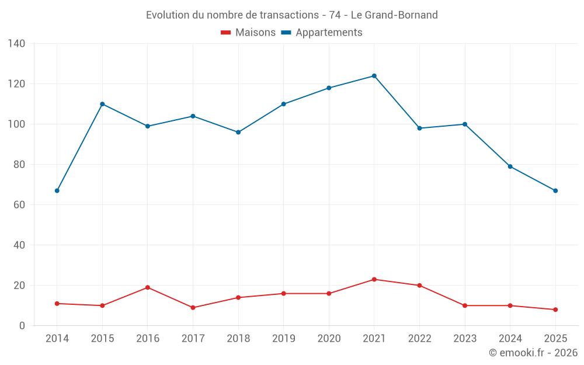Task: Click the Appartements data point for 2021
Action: tap(374, 76)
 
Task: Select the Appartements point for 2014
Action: tap(57, 191)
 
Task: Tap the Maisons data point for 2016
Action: tap(148, 287)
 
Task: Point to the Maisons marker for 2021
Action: tap(374, 279)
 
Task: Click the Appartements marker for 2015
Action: tap(102, 104)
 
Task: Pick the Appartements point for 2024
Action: tap(510, 166)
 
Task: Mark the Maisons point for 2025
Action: tap(555, 310)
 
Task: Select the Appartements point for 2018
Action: tap(238, 133)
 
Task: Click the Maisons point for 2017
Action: tap(193, 308)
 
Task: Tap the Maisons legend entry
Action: tap(248, 33)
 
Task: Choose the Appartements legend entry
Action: tap(322, 33)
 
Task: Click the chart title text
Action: tap(291, 15)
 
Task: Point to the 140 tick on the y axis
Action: tap(17, 44)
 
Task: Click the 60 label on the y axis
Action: tap(19, 205)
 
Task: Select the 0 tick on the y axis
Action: tap(22, 326)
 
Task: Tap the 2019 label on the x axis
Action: tap(283, 339)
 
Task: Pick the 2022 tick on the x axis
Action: tap(419, 339)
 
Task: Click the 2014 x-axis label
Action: tap(57, 339)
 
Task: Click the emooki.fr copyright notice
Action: tap(533, 353)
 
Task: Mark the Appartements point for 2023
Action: tap(465, 124)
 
